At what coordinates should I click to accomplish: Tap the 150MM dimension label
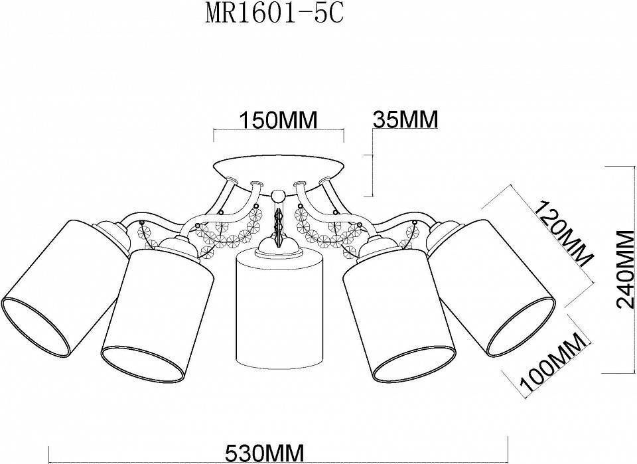pyautogui.click(x=279, y=120)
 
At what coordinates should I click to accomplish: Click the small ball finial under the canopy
pyautogui.click(x=277, y=196)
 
